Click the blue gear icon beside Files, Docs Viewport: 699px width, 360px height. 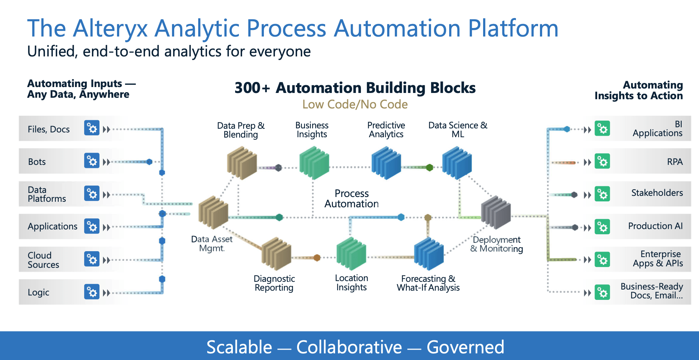point(92,128)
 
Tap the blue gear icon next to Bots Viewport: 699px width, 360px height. point(92,161)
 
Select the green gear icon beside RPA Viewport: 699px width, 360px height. point(602,162)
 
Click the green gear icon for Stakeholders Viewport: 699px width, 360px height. point(602,194)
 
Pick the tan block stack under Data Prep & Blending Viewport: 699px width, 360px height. point(242,163)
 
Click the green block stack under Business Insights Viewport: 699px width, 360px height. point(314,163)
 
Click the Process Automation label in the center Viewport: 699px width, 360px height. point(351,198)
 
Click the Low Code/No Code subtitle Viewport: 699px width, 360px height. point(355,104)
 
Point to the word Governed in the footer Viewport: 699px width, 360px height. point(465,347)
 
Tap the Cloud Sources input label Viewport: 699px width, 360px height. point(43,260)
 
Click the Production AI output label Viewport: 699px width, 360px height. point(655,226)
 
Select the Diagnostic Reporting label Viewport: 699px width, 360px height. point(274,283)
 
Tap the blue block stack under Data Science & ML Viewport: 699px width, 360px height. point(457,163)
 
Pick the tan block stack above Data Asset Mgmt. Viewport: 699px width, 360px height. point(213,212)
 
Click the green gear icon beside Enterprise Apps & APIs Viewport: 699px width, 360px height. point(602,260)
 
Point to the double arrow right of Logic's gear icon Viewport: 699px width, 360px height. point(107,293)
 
